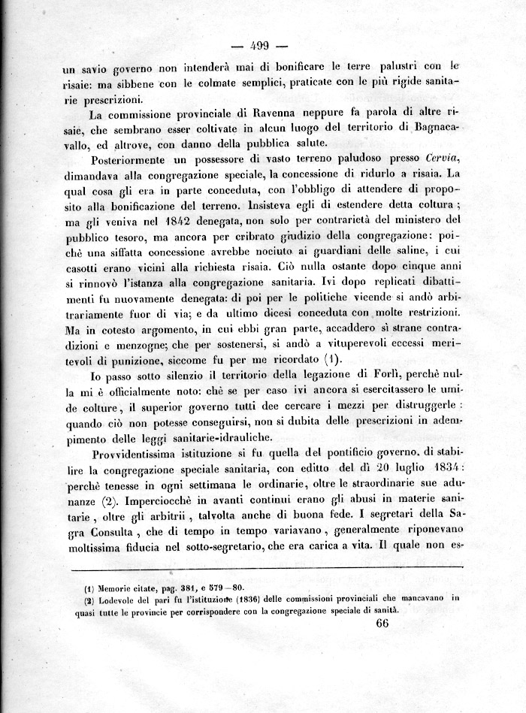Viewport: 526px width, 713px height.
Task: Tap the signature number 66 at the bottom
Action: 382,623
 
